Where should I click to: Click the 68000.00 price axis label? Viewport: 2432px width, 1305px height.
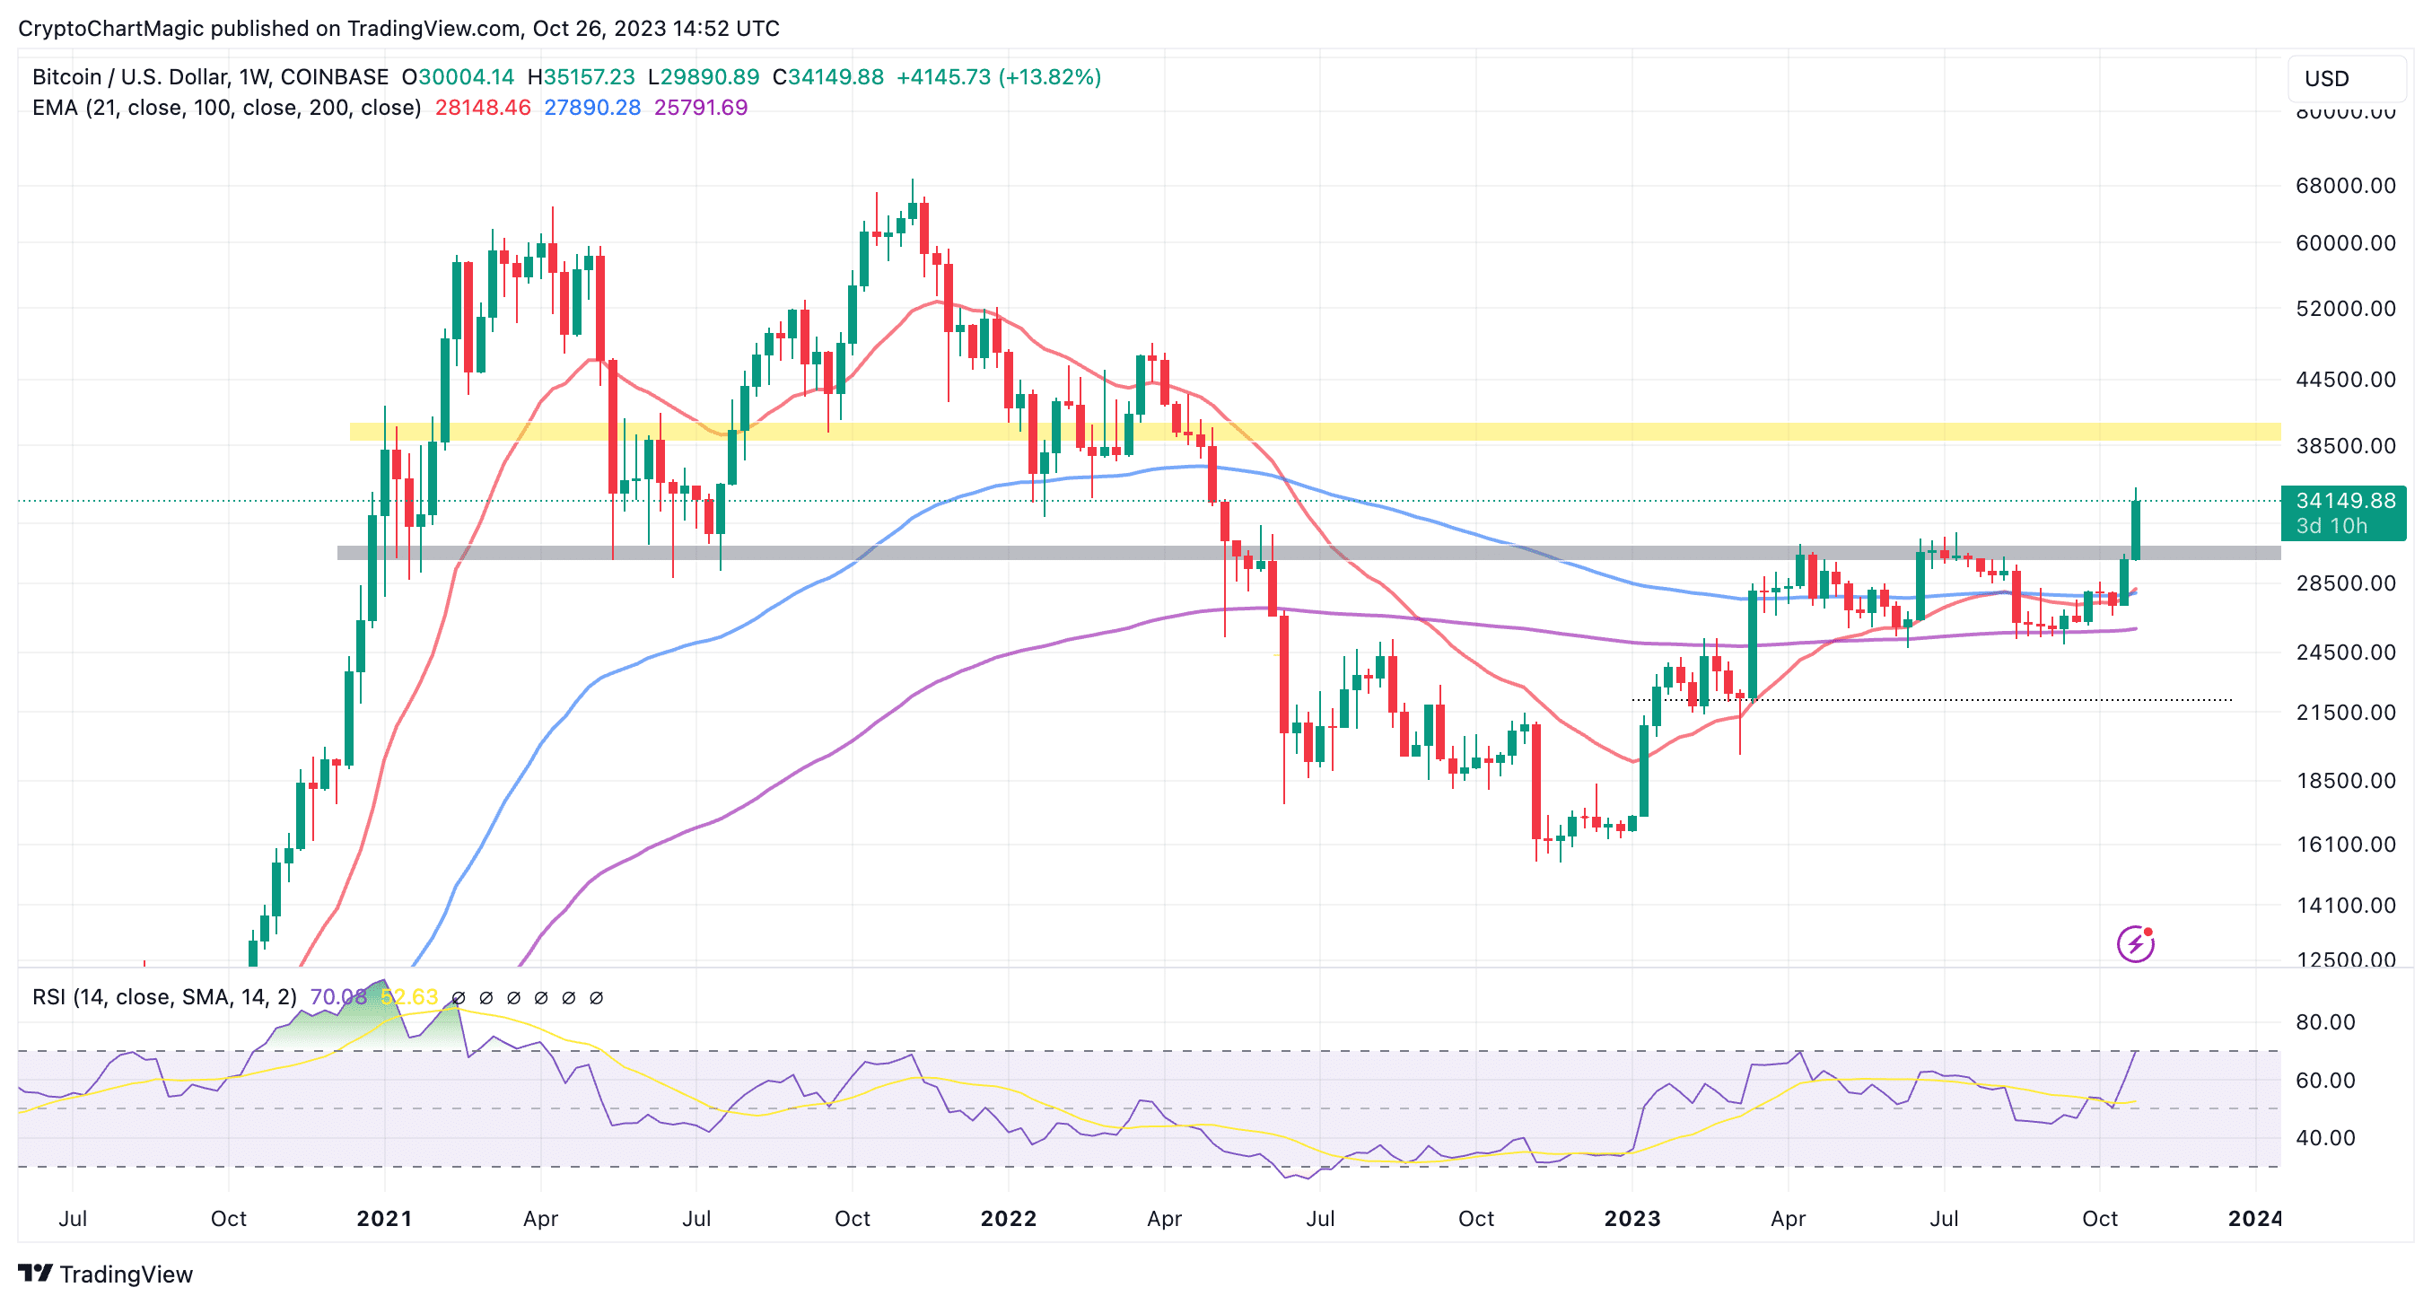point(2345,185)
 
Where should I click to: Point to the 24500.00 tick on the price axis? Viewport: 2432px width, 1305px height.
point(2345,652)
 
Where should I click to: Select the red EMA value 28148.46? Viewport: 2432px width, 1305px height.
point(483,108)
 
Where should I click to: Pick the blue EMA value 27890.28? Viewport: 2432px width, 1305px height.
point(592,108)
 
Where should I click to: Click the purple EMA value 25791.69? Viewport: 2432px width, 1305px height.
point(701,108)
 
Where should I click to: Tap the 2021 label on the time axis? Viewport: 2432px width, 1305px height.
point(384,1218)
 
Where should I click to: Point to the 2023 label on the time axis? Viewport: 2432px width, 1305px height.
point(1632,1218)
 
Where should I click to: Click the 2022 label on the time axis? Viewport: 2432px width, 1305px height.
point(1009,1218)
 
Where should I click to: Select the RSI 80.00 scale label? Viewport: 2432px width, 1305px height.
point(2324,1021)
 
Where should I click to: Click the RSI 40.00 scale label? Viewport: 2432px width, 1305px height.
point(2324,1138)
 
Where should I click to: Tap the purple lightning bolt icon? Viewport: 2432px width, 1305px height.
point(2135,943)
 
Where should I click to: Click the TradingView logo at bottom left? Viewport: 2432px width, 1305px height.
point(106,1274)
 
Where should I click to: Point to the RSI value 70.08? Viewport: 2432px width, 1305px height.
point(337,997)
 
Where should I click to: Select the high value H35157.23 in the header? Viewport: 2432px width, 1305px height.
point(581,77)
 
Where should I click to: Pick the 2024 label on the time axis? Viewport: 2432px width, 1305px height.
point(2254,1218)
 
